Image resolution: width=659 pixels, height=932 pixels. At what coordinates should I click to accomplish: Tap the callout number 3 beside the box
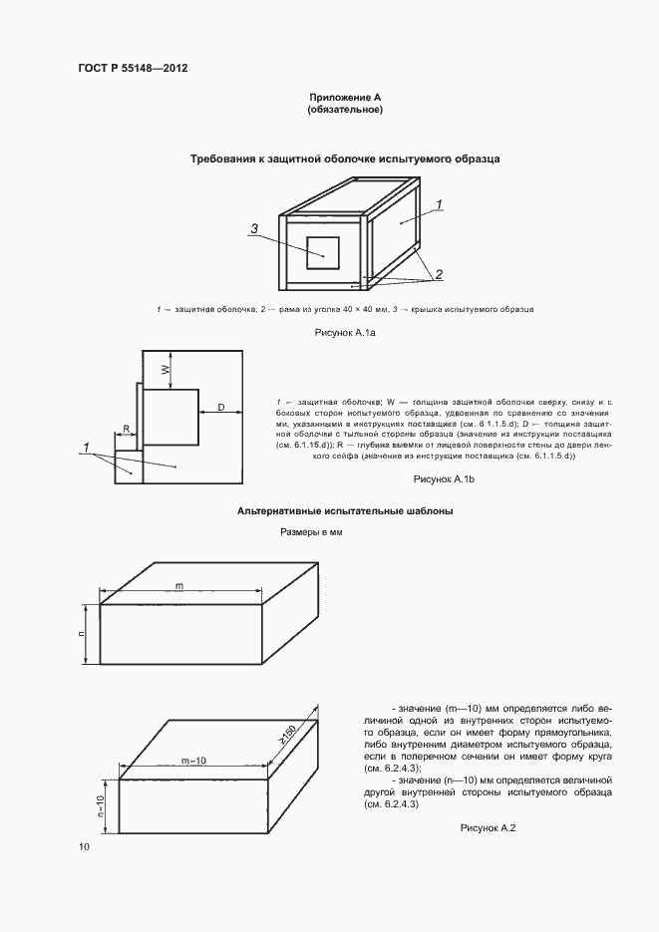coord(254,229)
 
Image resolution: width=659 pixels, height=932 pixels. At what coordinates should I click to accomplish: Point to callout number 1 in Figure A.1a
coord(439,203)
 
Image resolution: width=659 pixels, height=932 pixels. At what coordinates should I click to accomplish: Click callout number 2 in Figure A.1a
coord(438,273)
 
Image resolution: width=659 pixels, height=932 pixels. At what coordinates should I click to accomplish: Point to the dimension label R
coord(126,429)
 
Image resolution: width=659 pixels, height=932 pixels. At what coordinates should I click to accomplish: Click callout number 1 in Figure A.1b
coord(88,444)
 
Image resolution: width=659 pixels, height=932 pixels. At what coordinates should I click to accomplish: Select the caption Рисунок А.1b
coord(444,480)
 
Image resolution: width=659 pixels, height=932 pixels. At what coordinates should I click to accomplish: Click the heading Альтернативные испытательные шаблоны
coord(345,510)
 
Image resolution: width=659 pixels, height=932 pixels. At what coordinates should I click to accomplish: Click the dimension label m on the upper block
coord(178,585)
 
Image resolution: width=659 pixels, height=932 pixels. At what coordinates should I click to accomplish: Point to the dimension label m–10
coord(194,761)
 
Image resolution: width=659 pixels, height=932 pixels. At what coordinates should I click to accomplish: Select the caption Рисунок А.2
coord(486,827)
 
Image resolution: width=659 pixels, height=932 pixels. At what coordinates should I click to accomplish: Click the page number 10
coord(84,847)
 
